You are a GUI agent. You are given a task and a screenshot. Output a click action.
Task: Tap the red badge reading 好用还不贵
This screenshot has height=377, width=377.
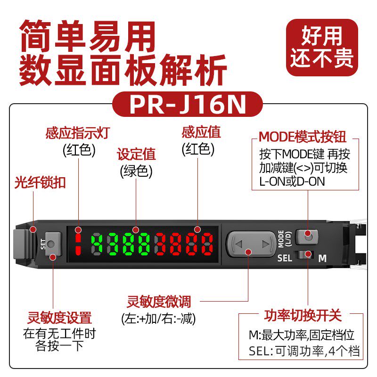(322, 48)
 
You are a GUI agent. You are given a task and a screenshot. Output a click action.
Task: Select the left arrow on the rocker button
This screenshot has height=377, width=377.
(238, 244)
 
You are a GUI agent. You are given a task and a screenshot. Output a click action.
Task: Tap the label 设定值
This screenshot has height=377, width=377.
(136, 154)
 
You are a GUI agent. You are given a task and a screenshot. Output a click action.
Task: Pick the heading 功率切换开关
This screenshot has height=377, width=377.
(302, 315)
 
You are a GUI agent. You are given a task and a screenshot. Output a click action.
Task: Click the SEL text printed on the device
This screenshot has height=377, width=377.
(285, 258)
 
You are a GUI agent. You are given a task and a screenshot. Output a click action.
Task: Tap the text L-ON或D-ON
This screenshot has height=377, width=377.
(292, 181)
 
